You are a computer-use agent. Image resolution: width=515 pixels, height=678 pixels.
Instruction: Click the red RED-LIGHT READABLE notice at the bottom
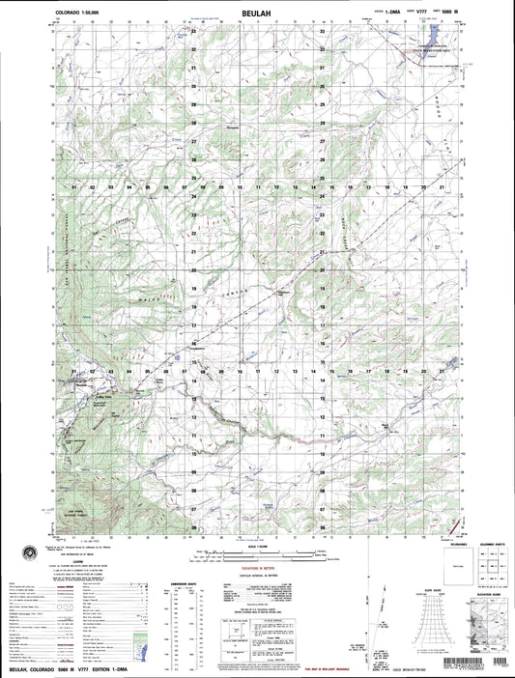(x=315, y=666)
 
